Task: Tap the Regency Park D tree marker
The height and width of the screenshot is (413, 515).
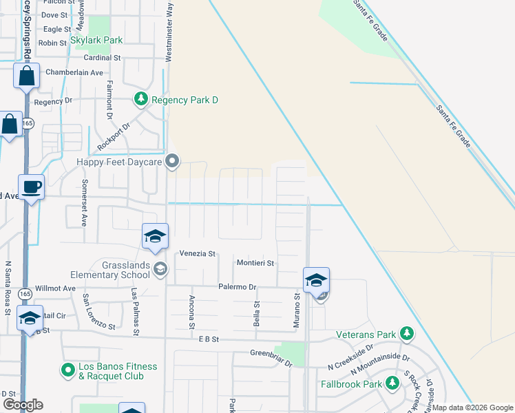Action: coord(141,100)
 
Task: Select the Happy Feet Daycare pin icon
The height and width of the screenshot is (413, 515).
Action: coord(173,162)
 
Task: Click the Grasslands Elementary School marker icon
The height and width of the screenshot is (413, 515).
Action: coord(160,268)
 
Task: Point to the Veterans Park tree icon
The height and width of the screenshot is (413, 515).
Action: coord(407,335)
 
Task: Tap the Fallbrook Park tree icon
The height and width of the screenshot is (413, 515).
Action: coord(392,383)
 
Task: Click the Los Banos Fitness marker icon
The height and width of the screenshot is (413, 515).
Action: coord(68,371)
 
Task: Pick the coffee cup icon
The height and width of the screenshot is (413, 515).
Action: coord(31,187)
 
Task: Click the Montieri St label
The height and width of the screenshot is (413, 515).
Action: coord(255,263)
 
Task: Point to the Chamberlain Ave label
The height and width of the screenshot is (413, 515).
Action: coord(74,72)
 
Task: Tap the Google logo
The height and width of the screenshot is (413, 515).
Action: coord(22,404)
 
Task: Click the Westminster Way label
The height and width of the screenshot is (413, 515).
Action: coord(169,33)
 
